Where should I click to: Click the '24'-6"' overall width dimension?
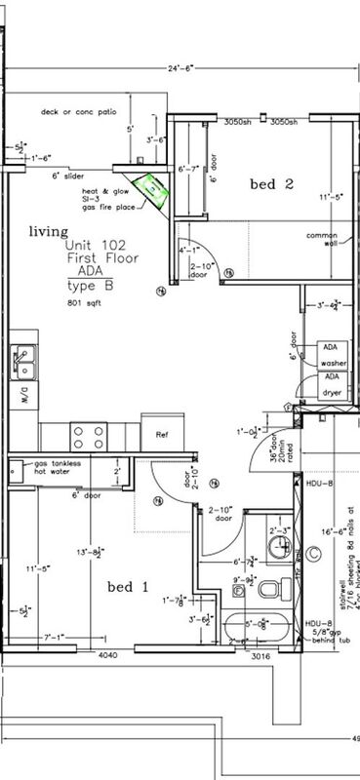(x=180, y=69)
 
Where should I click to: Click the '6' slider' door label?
(x=70, y=176)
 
